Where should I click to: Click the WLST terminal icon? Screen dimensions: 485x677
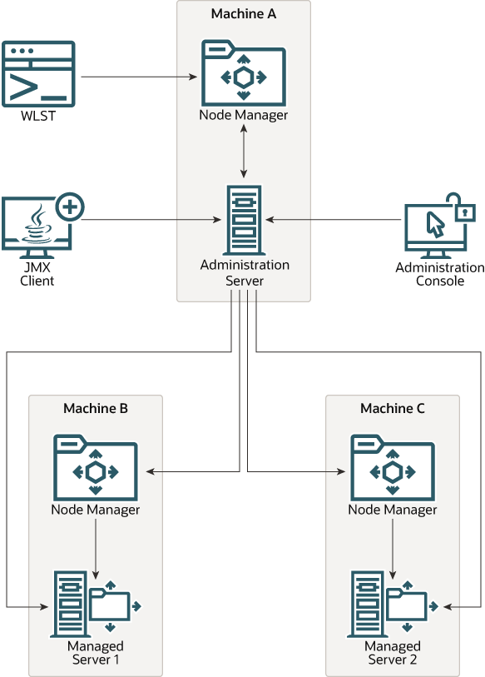tap(38, 74)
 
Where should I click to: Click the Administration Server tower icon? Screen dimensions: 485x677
tap(244, 220)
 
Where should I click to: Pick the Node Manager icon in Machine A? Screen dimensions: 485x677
tap(244, 73)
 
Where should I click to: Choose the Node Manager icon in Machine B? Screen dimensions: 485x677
tap(96, 468)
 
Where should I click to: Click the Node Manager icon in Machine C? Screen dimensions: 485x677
tap(392, 468)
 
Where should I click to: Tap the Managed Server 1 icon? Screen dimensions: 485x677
tap(96, 604)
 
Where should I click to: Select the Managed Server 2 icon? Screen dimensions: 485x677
tap(393, 604)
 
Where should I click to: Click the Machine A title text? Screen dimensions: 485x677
tap(244, 14)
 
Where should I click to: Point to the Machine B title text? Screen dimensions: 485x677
tap(96, 408)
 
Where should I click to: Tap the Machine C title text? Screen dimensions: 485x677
tap(392, 408)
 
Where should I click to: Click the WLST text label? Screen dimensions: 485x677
tap(38, 116)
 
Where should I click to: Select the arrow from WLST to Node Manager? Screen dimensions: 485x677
tap(139, 77)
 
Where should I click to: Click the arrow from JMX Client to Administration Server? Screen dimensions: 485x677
tap(151, 220)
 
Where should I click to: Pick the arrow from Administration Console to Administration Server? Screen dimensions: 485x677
tap(334, 220)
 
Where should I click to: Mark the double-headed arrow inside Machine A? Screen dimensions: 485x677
tap(244, 151)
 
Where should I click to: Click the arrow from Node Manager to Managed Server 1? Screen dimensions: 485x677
tap(96, 549)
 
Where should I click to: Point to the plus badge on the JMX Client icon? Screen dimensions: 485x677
tap(70, 207)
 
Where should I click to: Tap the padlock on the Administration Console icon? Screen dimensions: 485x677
tap(463, 208)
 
